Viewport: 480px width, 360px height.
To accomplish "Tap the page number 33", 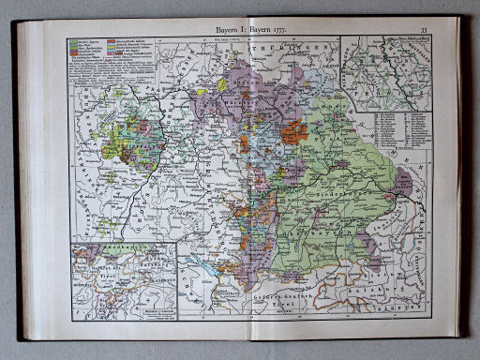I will (x=424, y=30).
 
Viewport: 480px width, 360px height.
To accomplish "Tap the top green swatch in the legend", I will (x=72, y=42).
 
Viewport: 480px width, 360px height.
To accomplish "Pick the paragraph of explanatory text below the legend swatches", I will (x=103, y=78).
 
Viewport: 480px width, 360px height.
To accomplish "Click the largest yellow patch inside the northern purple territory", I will (x=222, y=84).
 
